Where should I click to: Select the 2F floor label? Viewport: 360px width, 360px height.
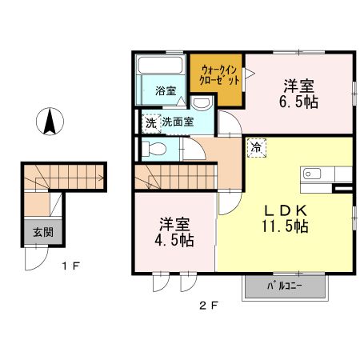point(210,304)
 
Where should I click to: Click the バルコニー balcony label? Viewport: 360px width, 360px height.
point(285,286)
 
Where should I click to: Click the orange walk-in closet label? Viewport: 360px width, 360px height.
point(215,76)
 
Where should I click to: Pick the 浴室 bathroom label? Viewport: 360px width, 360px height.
point(165,91)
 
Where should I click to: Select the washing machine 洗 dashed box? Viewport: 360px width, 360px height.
point(150,122)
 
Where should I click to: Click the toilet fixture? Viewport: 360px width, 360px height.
point(153,149)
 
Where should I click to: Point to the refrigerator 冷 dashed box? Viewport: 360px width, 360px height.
point(256,147)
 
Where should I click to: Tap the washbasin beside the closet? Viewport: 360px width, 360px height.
point(202,102)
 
